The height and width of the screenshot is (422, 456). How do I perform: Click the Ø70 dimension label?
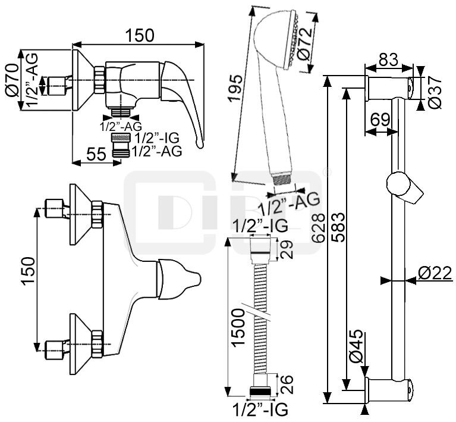click(12, 80)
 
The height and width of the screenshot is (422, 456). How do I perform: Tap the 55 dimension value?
click(96, 154)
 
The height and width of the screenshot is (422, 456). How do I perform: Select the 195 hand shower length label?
click(235, 87)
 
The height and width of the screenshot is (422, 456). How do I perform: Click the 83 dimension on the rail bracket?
click(388, 60)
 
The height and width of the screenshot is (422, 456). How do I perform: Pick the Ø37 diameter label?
click(435, 93)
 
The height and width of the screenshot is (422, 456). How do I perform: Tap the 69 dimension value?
click(380, 120)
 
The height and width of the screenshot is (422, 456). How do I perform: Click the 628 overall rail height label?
click(318, 228)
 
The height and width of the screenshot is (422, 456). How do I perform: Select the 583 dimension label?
click(338, 227)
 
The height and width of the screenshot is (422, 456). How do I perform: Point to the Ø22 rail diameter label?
click(435, 273)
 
